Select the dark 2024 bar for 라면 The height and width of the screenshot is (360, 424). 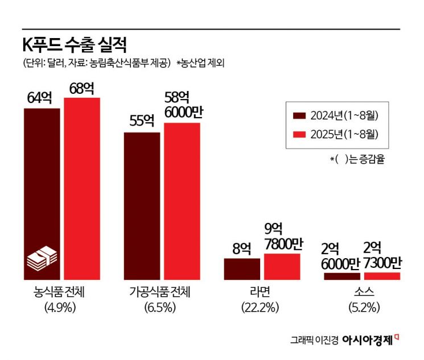(x=242, y=269)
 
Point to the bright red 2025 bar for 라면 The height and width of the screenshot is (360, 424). (x=282, y=267)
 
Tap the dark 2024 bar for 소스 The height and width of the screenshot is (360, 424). (x=342, y=276)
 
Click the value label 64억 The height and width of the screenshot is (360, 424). (x=39, y=98)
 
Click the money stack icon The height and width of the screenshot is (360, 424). (x=42, y=259)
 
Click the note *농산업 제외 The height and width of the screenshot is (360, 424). (x=200, y=63)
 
